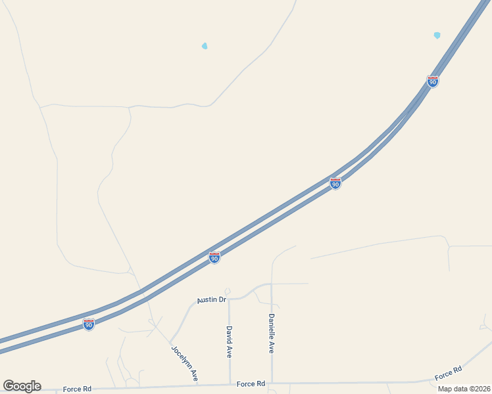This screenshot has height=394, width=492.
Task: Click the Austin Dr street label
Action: (212, 300)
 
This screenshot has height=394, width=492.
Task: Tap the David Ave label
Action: (229, 341)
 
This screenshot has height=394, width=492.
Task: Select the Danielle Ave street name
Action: (271, 334)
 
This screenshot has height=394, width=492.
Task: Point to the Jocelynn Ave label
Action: (185, 363)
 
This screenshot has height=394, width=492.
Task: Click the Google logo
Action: (22, 386)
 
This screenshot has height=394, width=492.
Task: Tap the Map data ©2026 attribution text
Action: (464, 389)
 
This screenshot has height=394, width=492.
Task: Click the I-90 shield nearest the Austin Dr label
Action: (214, 258)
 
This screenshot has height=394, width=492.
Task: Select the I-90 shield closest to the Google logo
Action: (89, 324)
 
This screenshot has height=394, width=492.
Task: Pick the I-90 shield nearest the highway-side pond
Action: (432, 81)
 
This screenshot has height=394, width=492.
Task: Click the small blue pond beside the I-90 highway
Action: (437, 35)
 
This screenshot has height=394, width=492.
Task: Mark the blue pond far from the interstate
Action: (205, 46)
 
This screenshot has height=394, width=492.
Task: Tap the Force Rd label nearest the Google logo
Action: (77, 389)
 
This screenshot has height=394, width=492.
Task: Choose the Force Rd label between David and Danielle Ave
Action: (251, 383)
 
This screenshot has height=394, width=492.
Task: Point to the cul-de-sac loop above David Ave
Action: (228, 291)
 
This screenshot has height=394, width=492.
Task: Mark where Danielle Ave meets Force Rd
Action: (272, 383)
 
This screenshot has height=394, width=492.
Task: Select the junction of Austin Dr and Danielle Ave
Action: (272, 284)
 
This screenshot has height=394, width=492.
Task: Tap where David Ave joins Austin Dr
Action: (229, 299)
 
